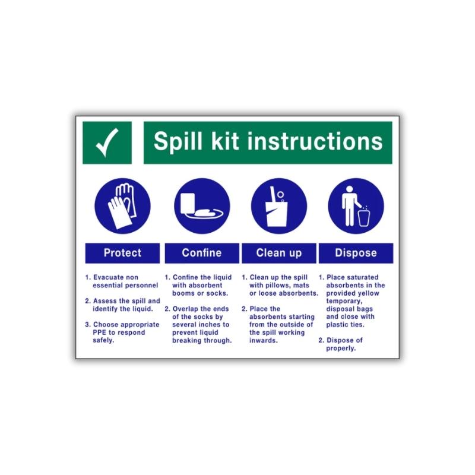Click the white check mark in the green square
107,142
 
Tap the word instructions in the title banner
315,142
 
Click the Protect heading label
122,253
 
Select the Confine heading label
202,253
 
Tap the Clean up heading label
278,253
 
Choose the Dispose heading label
356,253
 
